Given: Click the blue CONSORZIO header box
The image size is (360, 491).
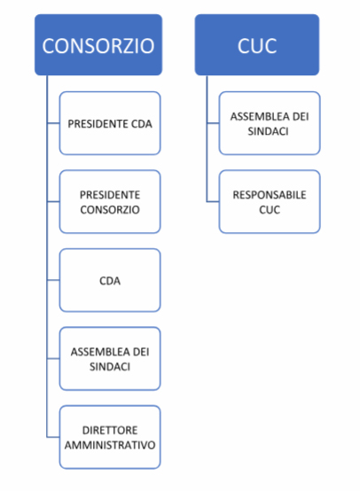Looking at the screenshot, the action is [98, 45].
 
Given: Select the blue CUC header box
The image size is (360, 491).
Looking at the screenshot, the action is [257, 45].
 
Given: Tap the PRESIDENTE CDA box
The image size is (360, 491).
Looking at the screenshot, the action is [110, 123].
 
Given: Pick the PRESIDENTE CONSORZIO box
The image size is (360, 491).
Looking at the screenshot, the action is [110, 202].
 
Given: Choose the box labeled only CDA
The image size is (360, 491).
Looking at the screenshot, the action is [110, 280].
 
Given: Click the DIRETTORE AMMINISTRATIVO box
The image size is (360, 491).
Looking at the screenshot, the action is [110, 437].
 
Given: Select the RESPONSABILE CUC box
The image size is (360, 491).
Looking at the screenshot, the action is [270, 202].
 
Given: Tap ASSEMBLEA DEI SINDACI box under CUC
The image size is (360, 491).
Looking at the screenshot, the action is [270, 123].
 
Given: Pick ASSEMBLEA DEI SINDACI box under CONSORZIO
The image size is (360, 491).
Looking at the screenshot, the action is [110, 359].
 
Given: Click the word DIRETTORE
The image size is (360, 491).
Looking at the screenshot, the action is [110, 430].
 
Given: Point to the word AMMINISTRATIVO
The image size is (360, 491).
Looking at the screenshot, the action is [110, 445].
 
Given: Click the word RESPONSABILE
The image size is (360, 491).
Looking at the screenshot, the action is [270, 195].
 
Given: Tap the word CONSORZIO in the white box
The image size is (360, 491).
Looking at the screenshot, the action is [110, 209].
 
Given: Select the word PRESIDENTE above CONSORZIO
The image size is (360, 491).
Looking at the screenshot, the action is [110, 195].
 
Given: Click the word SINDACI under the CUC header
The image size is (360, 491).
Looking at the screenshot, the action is [268, 131].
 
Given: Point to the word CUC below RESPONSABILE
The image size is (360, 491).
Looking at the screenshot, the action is [270, 209].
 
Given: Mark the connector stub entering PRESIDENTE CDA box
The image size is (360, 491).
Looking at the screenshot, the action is [53, 123].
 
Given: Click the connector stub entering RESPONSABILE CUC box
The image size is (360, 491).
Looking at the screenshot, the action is [213, 202].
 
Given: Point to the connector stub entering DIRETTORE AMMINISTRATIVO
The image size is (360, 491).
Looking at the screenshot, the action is [53, 437].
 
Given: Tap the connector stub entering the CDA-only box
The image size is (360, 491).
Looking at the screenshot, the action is [53, 280].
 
